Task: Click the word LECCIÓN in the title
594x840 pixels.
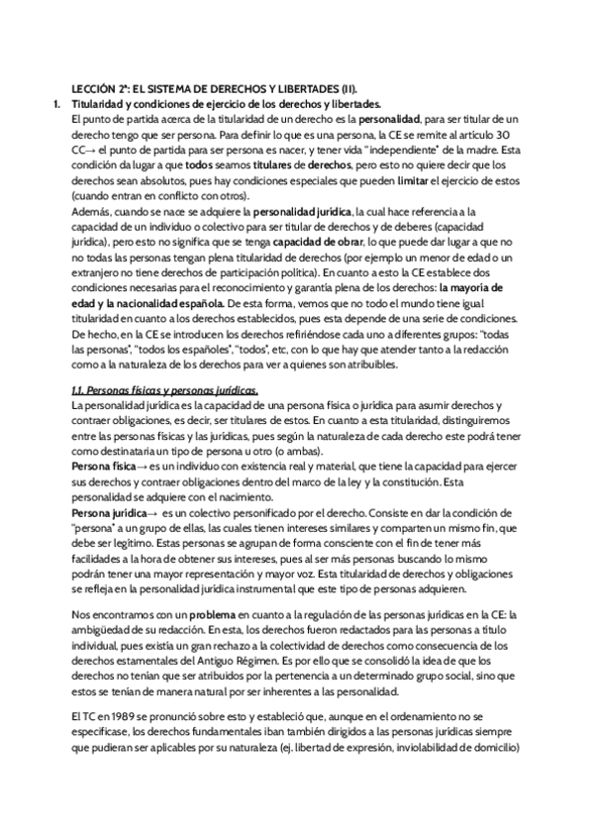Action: point(95,87)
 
